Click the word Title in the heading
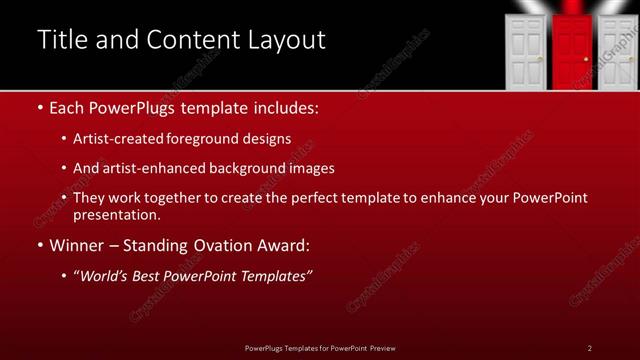click(x=60, y=40)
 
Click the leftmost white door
click(x=527, y=55)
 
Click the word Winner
click(x=79, y=245)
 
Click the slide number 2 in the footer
click(x=590, y=347)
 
